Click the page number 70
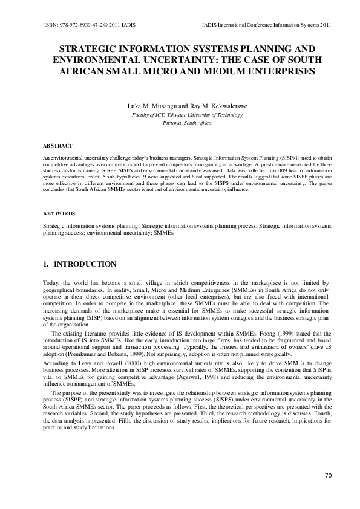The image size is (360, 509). tap(329, 476)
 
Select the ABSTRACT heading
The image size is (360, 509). tap(57, 146)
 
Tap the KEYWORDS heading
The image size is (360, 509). tap(59, 213)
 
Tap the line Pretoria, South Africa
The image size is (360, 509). tap(180, 123)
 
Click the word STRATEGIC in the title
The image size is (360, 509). tap(88, 48)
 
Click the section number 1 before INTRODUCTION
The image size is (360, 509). tap(45, 264)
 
